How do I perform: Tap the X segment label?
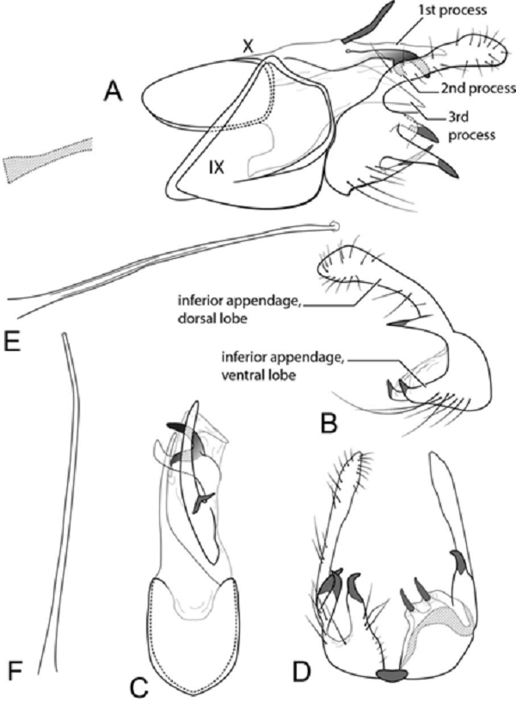coord(248,48)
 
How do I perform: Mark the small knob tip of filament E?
coord(335,229)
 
